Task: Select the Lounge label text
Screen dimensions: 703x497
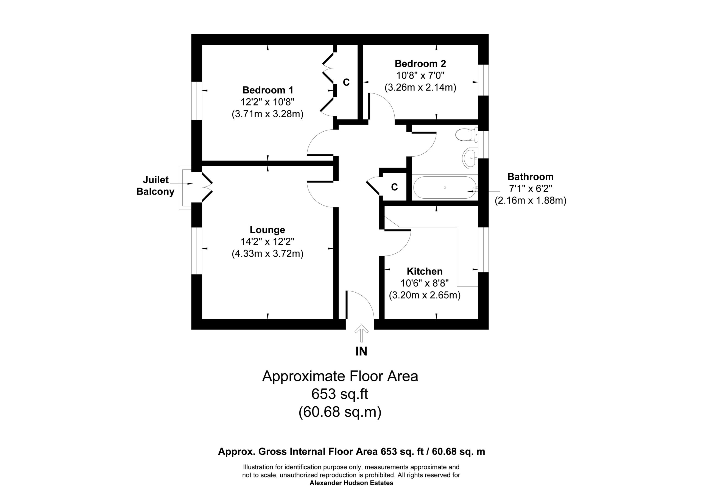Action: (267, 230)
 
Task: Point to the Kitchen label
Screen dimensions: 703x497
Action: (424, 271)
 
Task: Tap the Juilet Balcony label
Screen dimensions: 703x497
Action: (155, 185)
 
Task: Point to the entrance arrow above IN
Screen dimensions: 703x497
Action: (361, 333)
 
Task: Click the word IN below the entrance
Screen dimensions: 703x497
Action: (361, 351)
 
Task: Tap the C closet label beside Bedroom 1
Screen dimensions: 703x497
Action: (346, 82)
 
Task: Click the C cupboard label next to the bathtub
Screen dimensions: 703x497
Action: (394, 187)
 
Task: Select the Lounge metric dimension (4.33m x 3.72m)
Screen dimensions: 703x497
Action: (267, 254)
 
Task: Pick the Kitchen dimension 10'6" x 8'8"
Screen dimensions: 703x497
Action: (424, 283)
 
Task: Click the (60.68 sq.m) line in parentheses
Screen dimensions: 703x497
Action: (340, 412)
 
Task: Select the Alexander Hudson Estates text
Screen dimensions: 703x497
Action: (351, 483)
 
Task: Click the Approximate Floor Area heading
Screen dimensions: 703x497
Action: (340, 376)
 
